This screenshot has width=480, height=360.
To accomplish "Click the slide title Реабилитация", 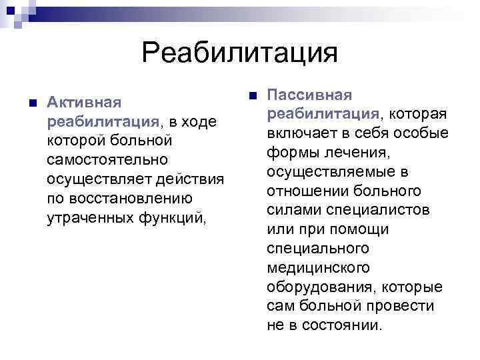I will tap(240, 51).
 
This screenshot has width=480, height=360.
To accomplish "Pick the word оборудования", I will tap(321, 287).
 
